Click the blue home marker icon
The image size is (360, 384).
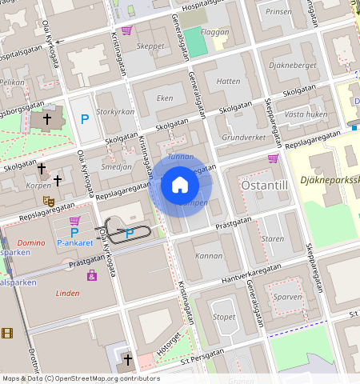pyautogui.click(x=180, y=186)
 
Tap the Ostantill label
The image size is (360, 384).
pyautogui.click(x=263, y=186)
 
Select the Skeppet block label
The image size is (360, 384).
pyautogui.click(x=150, y=46)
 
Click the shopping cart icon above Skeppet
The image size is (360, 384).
pyautogui.click(x=126, y=30)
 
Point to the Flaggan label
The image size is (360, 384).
pyautogui.click(x=214, y=33)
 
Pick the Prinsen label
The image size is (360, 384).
pyautogui.click(x=278, y=12)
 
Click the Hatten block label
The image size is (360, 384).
pyautogui.click(x=228, y=81)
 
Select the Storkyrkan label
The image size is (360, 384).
pyautogui.click(x=115, y=112)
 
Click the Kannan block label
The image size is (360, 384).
pyautogui.click(x=209, y=256)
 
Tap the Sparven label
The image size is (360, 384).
pyautogui.click(x=287, y=296)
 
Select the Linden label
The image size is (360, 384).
pyautogui.click(x=67, y=293)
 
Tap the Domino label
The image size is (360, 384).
pyautogui.click(x=30, y=242)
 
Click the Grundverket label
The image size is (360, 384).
pyautogui.click(x=243, y=138)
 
